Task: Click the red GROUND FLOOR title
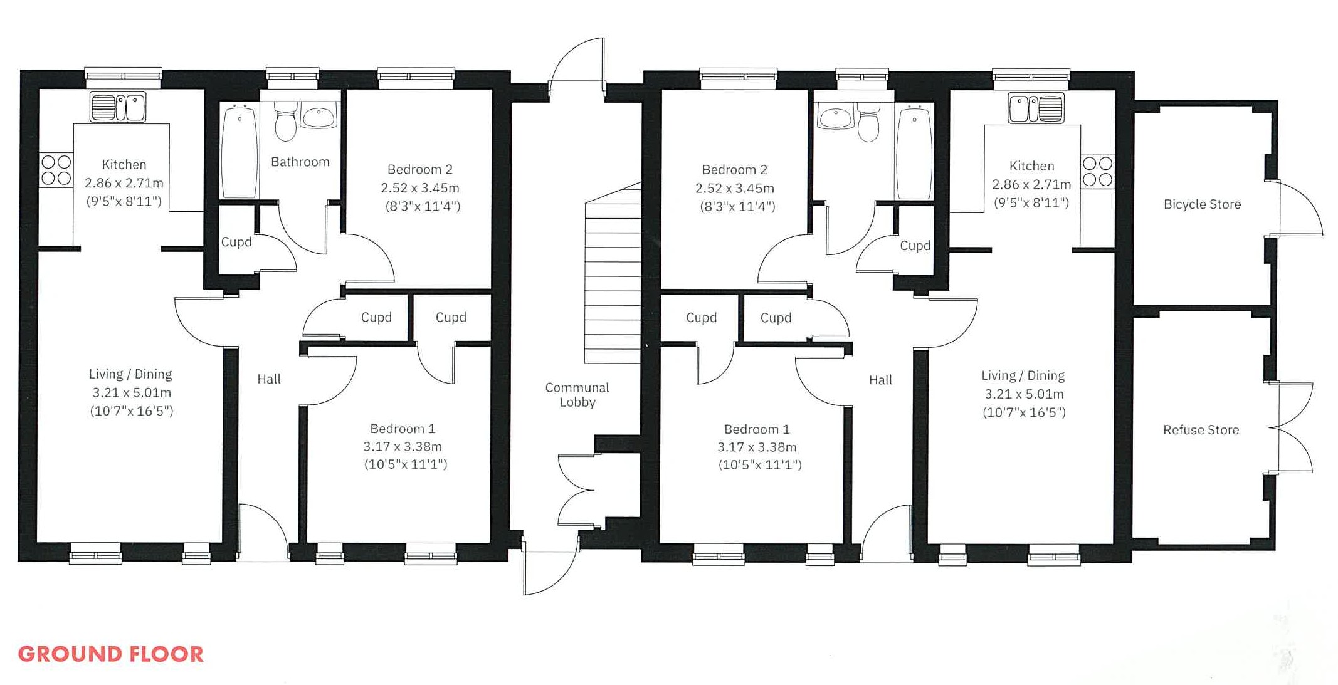point(111,654)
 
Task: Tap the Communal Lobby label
point(577,395)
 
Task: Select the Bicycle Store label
point(1202,204)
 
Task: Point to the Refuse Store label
point(1201,430)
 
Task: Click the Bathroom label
point(300,162)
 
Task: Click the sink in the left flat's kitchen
point(118,107)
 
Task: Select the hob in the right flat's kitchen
point(1097,171)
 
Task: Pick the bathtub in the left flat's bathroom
point(240,152)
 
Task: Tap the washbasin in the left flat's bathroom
point(319,116)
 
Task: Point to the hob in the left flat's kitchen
point(56,170)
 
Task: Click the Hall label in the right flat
point(880,380)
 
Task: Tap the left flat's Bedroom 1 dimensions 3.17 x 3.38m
point(403,447)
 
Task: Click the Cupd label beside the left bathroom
point(236,242)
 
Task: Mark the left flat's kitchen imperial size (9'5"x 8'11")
point(124,201)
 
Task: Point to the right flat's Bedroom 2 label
point(734,170)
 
